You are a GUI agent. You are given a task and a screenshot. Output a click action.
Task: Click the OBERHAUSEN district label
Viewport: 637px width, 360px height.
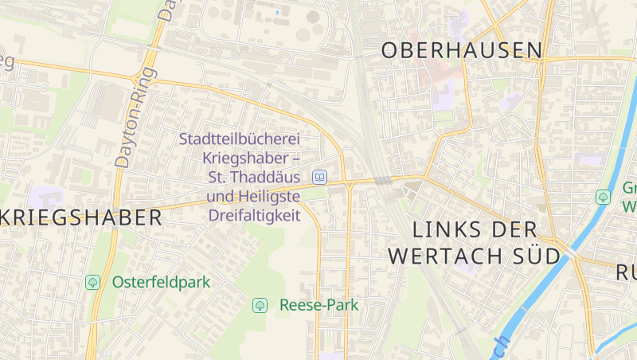coord(461,50)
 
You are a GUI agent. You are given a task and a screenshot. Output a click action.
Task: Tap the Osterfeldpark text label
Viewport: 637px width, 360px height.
coord(160,282)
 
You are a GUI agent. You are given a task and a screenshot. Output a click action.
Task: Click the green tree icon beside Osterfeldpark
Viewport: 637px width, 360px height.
coord(93,282)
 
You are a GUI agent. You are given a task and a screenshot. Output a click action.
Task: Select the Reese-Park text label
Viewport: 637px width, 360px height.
coord(318,305)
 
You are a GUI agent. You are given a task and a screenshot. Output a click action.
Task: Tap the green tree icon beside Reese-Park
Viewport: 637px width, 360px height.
coord(260,305)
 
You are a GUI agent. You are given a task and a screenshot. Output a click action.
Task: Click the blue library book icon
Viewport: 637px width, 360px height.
coord(319,177)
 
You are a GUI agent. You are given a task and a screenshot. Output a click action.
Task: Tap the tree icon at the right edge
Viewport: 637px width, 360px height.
coord(603,196)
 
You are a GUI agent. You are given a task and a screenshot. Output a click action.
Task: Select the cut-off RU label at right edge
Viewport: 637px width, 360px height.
coord(627,273)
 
